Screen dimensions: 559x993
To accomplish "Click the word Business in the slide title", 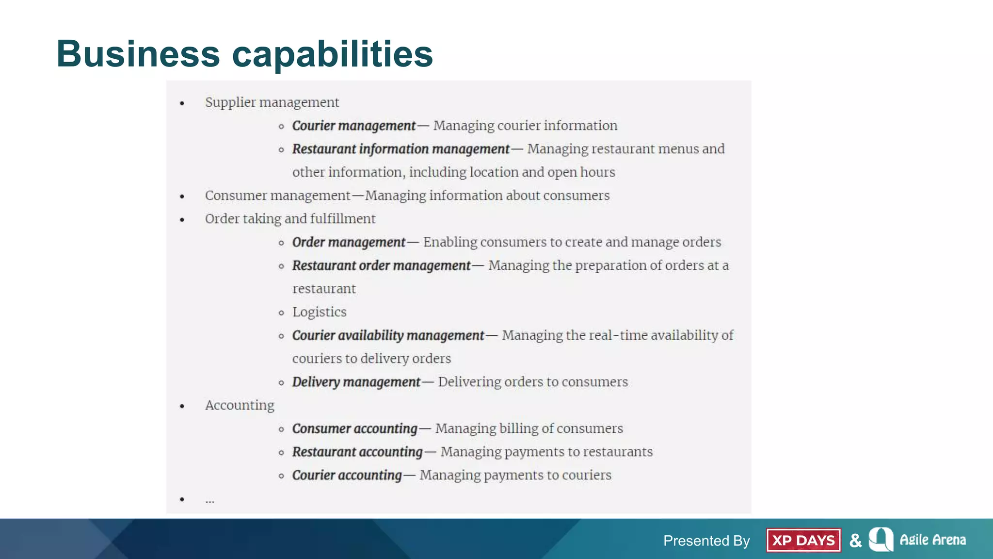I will click(x=138, y=54).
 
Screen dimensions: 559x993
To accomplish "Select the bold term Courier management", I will click(x=353, y=126).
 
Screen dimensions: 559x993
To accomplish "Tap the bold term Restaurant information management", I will click(x=400, y=149).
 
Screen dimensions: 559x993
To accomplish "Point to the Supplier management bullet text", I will click(x=272, y=102).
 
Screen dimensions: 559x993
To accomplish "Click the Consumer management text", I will click(x=277, y=196).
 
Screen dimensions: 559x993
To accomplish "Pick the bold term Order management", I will click(x=348, y=242).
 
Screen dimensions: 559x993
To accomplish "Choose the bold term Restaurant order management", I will click(x=381, y=265).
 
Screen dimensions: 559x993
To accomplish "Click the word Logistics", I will click(x=319, y=312).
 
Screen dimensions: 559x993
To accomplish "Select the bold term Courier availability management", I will click(x=388, y=335).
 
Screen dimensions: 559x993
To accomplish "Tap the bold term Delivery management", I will click(x=356, y=382).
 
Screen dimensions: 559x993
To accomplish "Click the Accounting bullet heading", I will click(x=240, y=405).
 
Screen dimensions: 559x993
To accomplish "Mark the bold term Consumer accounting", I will click(x=354, y=428).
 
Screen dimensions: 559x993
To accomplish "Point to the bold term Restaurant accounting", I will click(x=357, y=452).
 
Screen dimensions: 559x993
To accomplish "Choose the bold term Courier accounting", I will click(x=347, y=475).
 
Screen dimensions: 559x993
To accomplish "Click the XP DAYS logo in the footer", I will click(x=803, y=540).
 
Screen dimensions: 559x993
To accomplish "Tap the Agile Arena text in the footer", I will click(x=932, y=540).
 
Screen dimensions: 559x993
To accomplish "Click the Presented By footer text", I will click(x=706, y=541).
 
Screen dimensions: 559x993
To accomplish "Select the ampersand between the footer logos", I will click(x=855, y=541).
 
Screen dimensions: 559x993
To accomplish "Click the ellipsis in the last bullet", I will click(x=209, y=500).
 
